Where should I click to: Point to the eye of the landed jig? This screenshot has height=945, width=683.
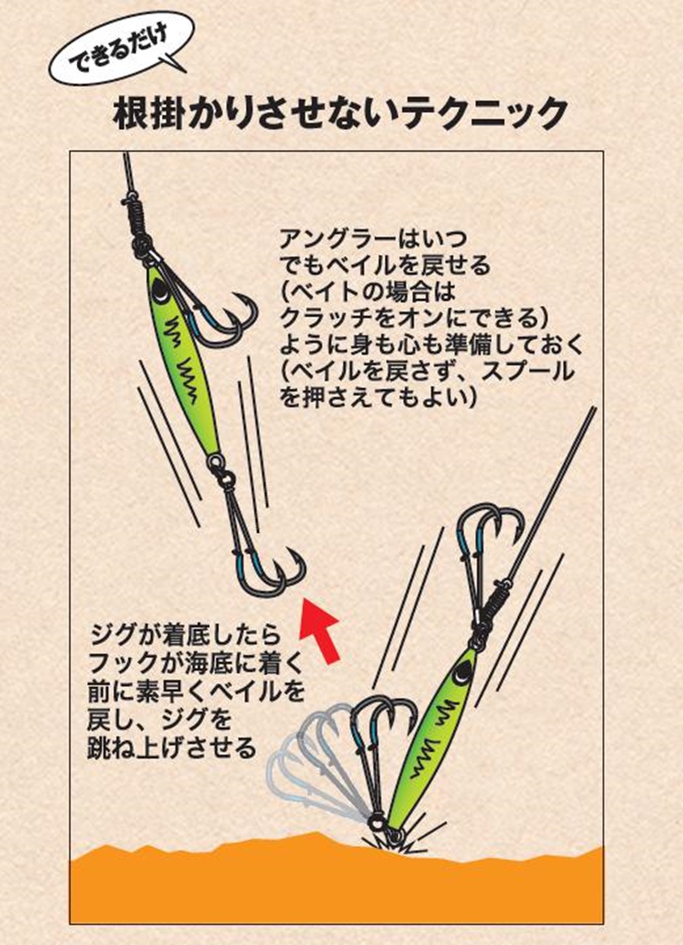click(461, 671)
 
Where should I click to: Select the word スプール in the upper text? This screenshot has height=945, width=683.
click(530, 373)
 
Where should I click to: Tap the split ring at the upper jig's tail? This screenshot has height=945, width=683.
click(216, 461)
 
